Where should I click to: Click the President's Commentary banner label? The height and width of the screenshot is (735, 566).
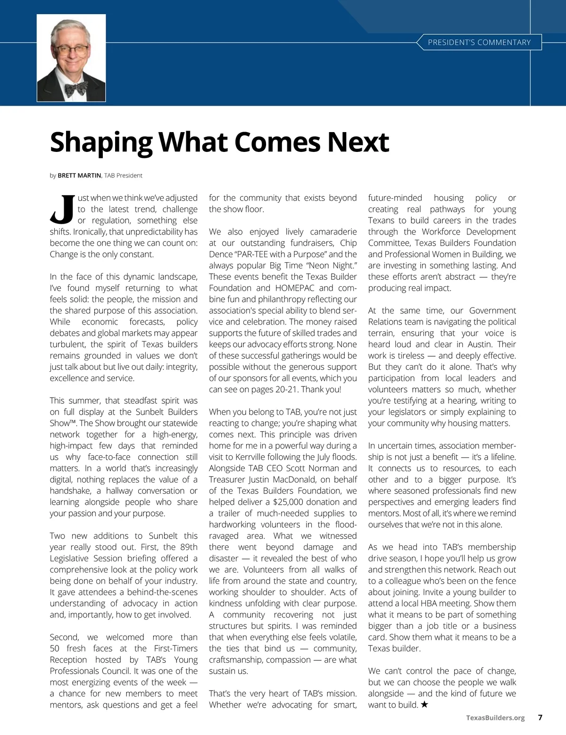(x=479, y=42)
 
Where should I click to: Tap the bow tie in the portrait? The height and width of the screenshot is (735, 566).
(x=76, y=88)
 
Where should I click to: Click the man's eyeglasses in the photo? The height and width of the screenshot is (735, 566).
(x=71, y=50)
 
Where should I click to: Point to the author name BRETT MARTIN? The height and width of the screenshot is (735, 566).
(x=79, y=175)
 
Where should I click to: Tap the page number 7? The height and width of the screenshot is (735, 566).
(x=540, y=718)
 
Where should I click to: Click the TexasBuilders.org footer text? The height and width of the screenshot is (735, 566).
(x=495, y=718)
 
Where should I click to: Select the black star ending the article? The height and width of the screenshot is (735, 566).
(x=424, y=705)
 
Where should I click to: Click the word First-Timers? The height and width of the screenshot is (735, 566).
(x=176, y=648)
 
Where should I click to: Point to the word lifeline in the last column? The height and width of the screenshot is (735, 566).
(x=500, y=457)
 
